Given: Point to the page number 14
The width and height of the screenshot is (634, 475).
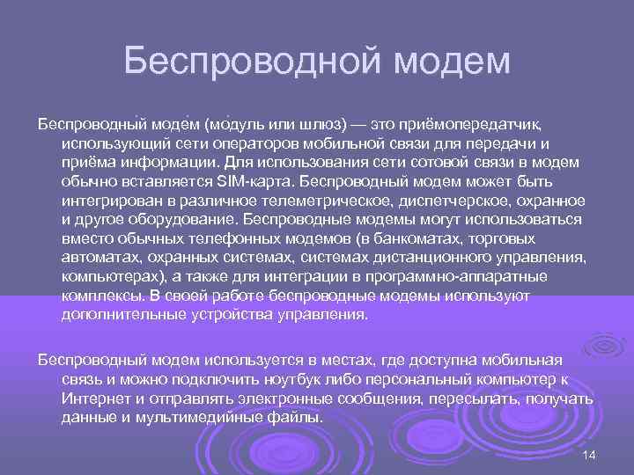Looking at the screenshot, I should [590, 453].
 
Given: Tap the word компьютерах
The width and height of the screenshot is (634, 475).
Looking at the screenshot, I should [108, 278].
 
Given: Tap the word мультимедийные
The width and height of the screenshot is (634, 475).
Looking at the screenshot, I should [203, 418].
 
